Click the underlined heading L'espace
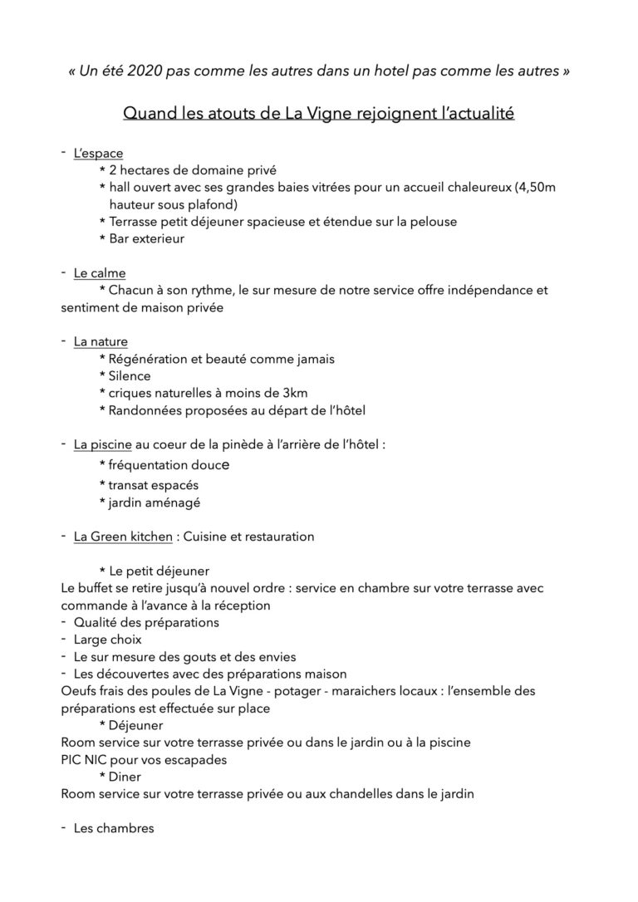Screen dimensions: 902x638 (98, 153)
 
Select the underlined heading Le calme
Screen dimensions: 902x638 (100, 272)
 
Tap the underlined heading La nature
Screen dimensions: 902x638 (101, 341)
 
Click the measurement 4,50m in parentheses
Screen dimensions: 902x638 (535, 187)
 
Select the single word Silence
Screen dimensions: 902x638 (130, 375)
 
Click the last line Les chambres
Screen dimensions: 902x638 (114, 828)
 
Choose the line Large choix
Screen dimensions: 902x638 (108, 640)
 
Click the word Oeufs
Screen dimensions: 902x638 (80, 691)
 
